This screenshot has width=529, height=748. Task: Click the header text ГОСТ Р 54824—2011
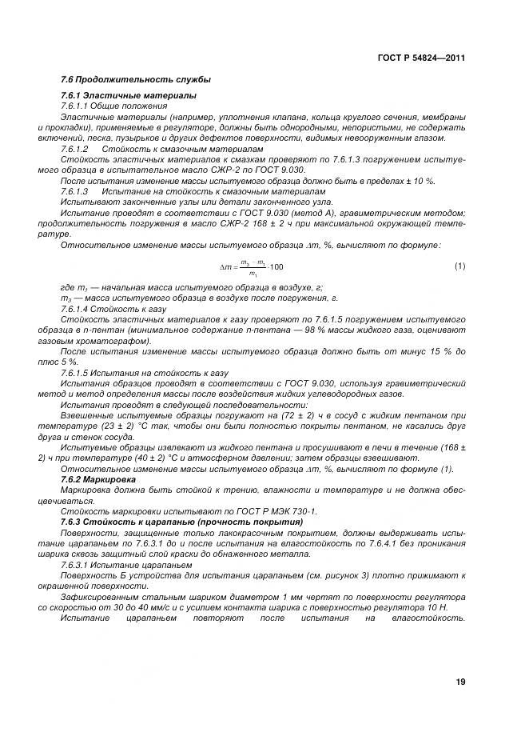pos(420,58)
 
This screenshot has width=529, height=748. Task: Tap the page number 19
pos(459,682)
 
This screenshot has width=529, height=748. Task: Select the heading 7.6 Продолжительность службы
pos(135,80)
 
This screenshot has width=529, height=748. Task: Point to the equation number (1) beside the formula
pos(459,265)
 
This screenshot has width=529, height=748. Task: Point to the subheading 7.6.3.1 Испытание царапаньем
pos(120,564)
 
